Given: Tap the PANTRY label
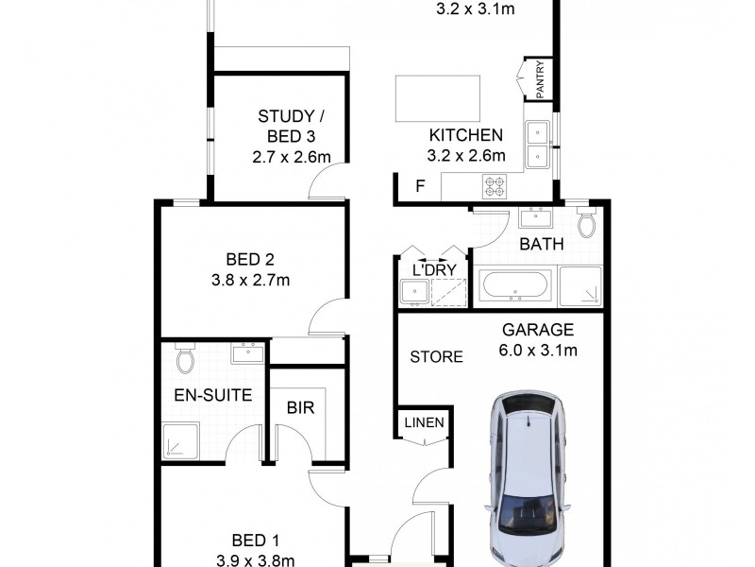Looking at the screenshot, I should tap(540, 79).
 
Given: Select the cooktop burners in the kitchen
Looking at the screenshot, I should tap(495, 186).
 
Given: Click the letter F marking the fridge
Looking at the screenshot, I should tap(420, 187).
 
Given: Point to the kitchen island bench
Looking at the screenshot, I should tap(436, 97).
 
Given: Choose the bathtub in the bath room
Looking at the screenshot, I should tap(515, 285).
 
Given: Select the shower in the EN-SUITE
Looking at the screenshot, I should tap(178, 440).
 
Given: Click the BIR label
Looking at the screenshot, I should tap(300, 408).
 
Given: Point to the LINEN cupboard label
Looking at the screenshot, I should tap(424, 422).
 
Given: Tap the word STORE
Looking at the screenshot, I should tap(436, 357).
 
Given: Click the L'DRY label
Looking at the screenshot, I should tap(434, 270).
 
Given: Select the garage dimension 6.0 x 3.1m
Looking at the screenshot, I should tap(539, 350).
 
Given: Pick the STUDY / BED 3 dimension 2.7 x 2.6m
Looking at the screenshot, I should tap(292, 157).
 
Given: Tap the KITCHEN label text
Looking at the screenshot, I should tap(466, 135).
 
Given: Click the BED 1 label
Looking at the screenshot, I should tap(255, 541).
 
